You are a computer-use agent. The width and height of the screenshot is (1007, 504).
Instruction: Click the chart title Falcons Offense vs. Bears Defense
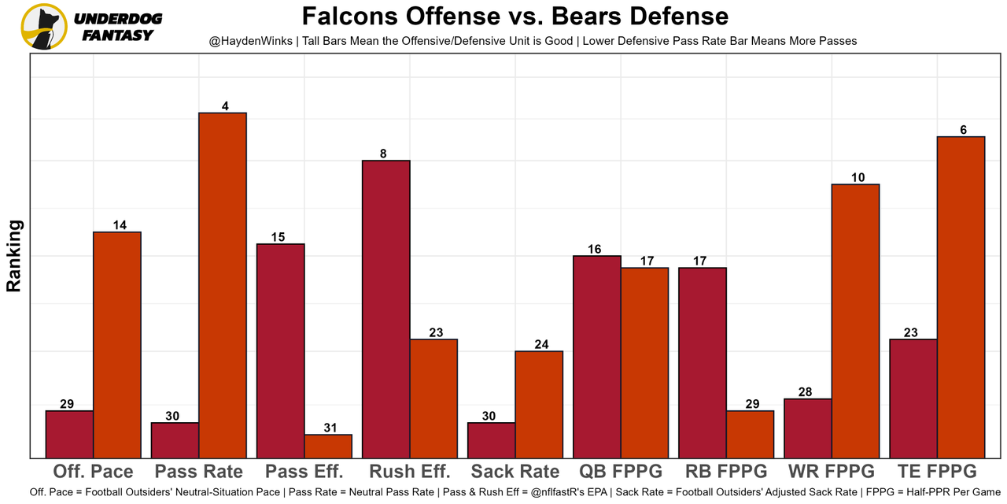click(515, 17)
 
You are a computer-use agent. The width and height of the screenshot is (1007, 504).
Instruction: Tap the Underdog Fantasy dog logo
click(44, 27)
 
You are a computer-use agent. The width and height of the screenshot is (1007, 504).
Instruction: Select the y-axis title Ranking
click(14, 256)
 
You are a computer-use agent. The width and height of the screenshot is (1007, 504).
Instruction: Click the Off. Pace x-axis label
click(93, 472)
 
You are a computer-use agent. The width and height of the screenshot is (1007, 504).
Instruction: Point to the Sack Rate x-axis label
click(515, 472)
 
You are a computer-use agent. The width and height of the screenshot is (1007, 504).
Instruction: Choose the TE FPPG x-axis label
click(936, 472)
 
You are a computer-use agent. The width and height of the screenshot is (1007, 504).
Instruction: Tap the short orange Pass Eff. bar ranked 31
click(328, 447)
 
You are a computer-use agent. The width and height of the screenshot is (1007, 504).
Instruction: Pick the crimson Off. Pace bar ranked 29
click(69, 434)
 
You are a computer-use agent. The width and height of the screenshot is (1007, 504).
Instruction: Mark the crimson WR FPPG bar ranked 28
click(807, 428)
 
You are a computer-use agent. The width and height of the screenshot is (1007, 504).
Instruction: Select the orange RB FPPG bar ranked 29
click(750, 434)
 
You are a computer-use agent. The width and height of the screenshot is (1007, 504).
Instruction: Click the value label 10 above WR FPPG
click(858, 178)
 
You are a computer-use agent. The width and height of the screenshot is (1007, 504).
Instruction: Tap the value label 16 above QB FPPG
click(594, 250)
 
